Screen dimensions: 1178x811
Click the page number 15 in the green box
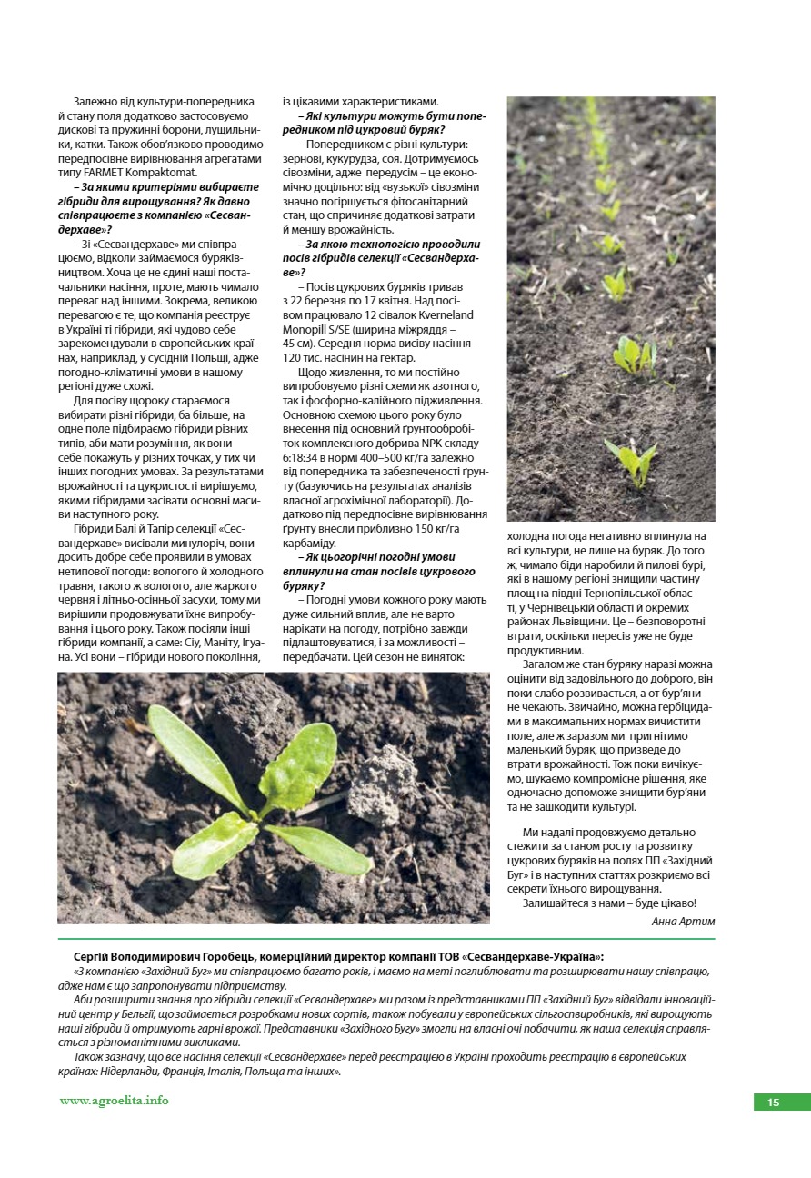774,1103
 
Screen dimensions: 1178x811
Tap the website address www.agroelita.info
114,1100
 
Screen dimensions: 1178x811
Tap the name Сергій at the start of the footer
94,956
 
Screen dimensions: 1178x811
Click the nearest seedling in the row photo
632,460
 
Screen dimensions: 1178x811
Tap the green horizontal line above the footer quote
386,939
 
